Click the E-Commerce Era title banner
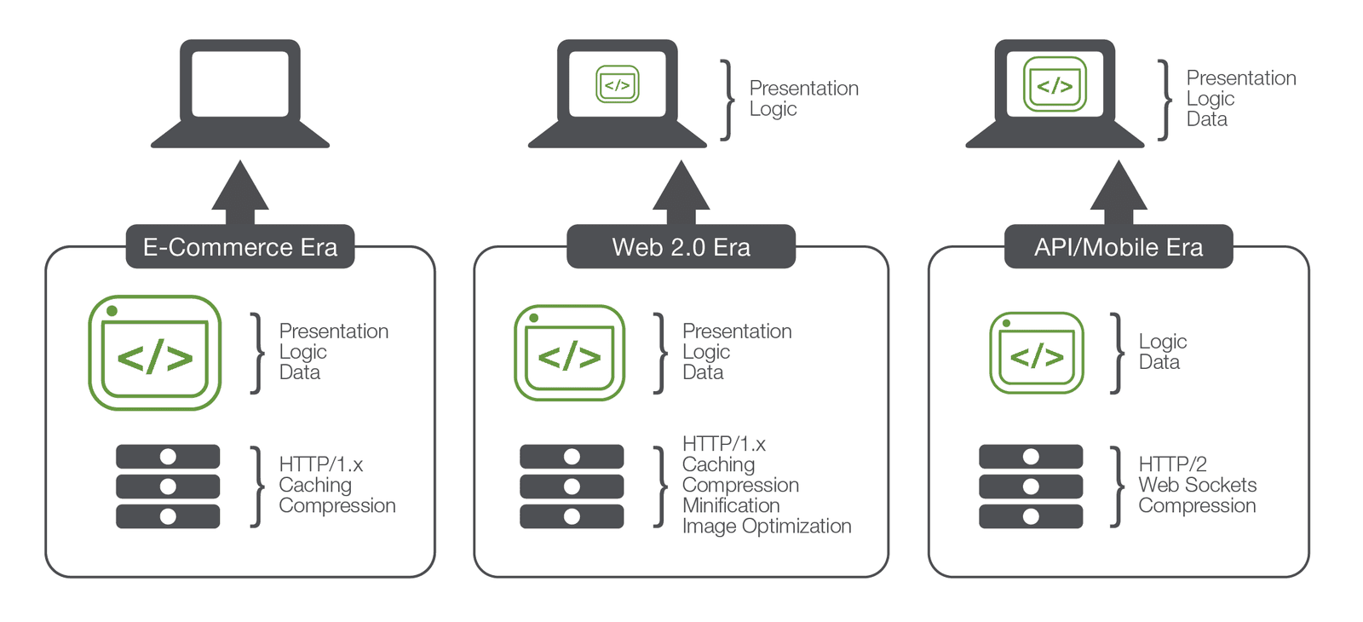pos(240,247)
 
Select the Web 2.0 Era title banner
pos(681,247)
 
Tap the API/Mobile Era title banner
pos(1118,247)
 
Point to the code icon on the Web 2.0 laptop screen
pos(617,84)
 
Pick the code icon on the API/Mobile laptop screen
pos(1055,84)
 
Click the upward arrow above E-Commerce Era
pos(240,191)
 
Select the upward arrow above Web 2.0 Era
pos(681,191)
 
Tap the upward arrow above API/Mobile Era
pos(1119,191)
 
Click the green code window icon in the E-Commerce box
pos(155,353)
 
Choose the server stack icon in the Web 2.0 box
pos(572,486)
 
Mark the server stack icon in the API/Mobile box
pos(1031,486)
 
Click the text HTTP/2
pos(1172,464)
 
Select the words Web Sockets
pos(1197,485)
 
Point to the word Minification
pos(731,505)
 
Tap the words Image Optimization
pos(767,526)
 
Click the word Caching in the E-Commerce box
pos(315,485)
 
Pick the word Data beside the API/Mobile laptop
pos(1206,119)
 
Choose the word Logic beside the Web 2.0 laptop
pos(773,109)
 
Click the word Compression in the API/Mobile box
pos(1197,505)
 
